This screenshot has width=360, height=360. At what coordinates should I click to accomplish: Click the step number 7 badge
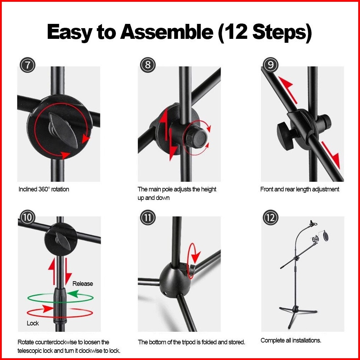pos(27,65)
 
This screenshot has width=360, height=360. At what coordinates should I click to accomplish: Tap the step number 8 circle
pos(148,65)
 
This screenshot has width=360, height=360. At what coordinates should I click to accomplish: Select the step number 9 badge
pos(271,65)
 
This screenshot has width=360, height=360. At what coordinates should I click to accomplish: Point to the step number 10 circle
pos(27,217)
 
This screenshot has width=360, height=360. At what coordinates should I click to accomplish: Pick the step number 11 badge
pos(148,217)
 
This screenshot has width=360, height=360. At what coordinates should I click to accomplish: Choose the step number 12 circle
pos(271,217)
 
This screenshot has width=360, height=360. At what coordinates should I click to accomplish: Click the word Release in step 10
pos(83,284)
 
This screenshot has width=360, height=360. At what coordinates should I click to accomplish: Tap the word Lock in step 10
pos(32,323)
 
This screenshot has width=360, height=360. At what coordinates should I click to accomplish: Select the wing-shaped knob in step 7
pos(63,130)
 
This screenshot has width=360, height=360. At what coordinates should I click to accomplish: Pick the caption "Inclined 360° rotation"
pos(43,189)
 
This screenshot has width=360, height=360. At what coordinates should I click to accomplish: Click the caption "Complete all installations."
pos(291,340)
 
